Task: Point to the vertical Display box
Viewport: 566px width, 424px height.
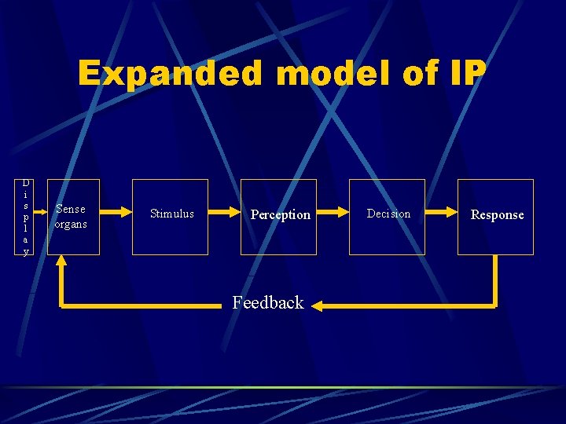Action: [x=26, y=217]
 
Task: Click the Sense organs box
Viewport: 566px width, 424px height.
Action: [x=73, y=217]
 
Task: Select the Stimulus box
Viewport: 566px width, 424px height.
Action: [x=170, y=217]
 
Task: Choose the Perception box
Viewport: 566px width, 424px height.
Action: [x=278, y=217]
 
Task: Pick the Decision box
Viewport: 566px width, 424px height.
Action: [x=387, y=217]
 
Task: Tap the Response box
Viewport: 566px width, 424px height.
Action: [x=495, y=217]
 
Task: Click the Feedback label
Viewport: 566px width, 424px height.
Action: [x=267, y=303]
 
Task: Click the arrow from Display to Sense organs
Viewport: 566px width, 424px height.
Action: [x=40, y=212]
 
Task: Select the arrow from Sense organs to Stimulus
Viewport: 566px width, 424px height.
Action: [x=116, y=212]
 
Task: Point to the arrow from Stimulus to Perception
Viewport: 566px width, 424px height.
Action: [x=224, y=212]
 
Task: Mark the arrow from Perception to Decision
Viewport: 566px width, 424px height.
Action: [x=333, y=212]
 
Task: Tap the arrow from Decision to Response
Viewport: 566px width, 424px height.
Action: [x=441, y=212]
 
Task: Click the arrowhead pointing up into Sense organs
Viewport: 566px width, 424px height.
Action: [x=61, y=265]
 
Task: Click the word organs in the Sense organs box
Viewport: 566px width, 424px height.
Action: [x=71, y=225]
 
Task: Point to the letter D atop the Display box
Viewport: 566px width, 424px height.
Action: [x=26, y=183]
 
